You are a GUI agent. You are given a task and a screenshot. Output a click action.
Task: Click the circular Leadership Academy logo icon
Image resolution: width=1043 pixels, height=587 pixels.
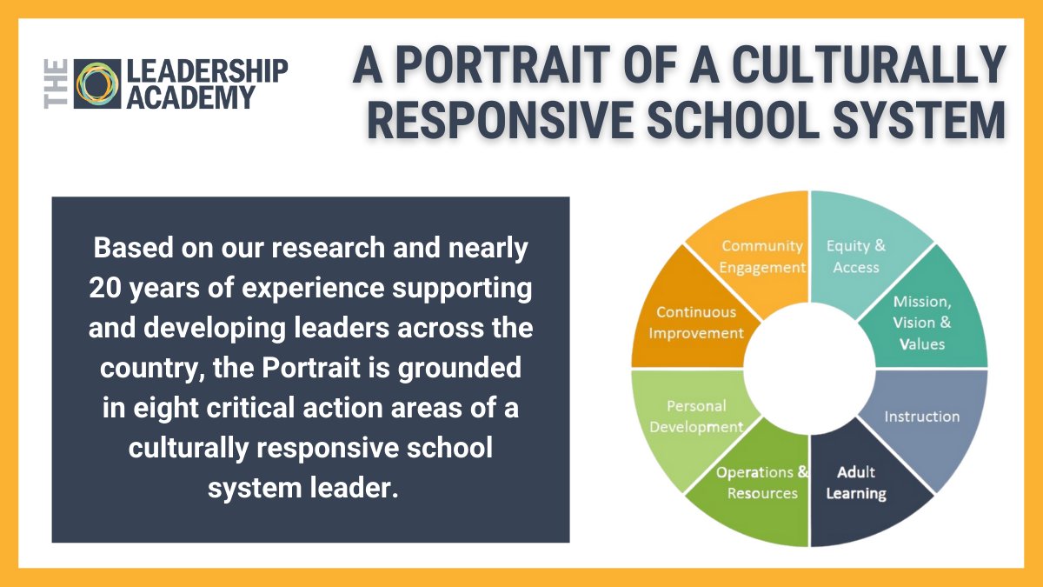[97, 83]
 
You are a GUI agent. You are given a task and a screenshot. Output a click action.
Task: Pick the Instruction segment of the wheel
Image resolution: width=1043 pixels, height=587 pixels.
[922, 417]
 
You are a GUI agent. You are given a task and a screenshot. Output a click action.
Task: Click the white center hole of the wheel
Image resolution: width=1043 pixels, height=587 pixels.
[809, 370]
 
